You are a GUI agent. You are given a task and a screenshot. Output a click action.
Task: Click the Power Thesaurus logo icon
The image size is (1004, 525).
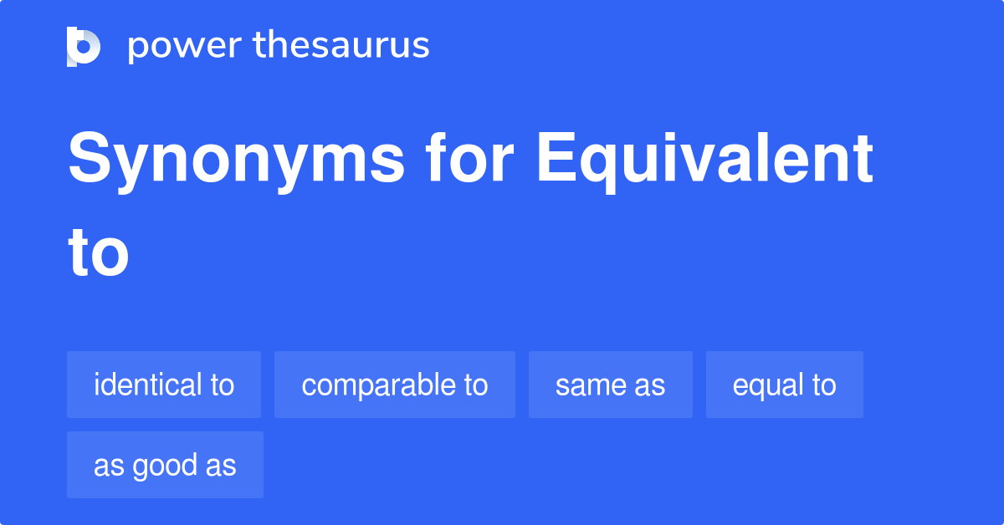84,46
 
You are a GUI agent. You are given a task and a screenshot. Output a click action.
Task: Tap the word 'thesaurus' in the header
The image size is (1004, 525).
341,46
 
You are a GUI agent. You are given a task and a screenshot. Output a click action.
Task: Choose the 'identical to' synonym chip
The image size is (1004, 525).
164,385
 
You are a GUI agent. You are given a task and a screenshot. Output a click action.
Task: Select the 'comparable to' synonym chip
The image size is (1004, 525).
395,385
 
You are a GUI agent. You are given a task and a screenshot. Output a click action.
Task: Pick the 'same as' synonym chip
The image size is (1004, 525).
611,385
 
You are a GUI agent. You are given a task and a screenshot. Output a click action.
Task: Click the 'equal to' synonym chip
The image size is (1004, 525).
785,385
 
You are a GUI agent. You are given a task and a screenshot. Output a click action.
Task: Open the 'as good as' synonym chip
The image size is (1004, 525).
165,465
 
